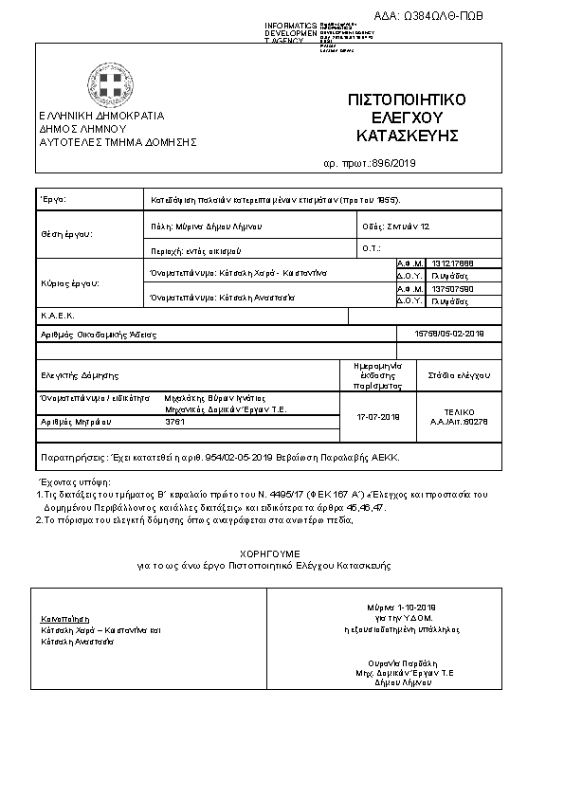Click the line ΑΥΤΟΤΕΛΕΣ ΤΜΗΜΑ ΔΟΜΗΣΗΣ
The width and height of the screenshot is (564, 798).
(118, 142)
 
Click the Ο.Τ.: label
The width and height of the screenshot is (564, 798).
(371, 248)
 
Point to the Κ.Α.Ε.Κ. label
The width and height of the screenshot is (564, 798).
(57, 316)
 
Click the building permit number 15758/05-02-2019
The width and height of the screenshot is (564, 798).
(450, 333)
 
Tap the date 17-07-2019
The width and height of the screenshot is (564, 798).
(377, 417)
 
